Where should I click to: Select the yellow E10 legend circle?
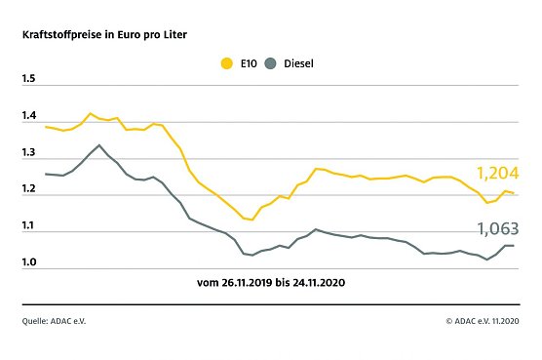click(227, 64)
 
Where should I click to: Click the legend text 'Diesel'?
click(298, 64)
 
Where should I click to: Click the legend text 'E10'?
click(247, 64)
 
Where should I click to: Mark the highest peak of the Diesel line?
click(98, 144)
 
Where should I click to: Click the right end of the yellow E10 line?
click(514, 193)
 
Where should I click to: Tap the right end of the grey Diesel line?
click(514, 246)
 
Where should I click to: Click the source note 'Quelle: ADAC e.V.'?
click(57, 319)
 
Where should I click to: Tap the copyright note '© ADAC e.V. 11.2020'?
click(482, 319)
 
